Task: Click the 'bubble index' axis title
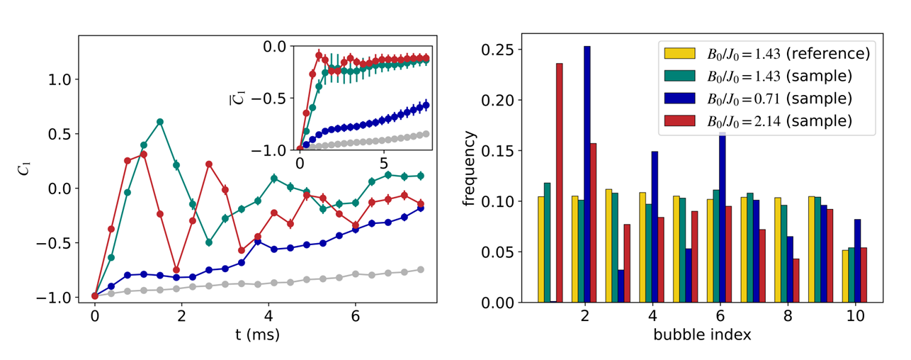[x=702, y=334]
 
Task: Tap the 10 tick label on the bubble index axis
[x=855, y=317]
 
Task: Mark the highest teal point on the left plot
[x=160, y=122]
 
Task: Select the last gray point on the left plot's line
[x=421, y=269]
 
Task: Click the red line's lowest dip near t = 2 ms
[x=176, y=270]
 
